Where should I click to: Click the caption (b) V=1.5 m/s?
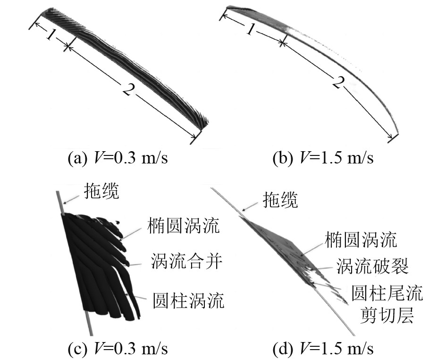pos(323,158)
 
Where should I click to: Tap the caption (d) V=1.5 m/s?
pos(323,349)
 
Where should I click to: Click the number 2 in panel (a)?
pos(128,89)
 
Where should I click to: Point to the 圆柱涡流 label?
pos(187,300)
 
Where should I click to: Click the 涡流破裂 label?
pos(372,266)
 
